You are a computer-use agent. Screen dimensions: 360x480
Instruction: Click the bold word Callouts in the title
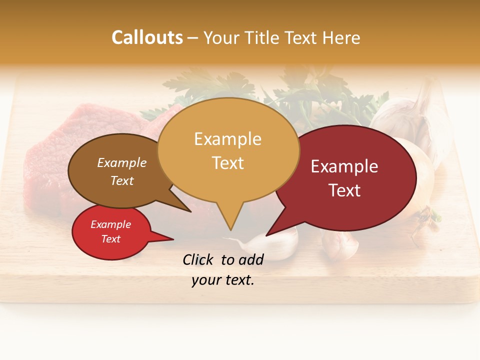147,37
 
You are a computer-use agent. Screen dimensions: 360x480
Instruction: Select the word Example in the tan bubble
227,139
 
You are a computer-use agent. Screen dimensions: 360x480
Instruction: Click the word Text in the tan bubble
227,163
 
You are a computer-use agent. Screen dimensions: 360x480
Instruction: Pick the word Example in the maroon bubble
344,166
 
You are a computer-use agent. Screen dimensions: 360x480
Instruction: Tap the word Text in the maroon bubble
344,190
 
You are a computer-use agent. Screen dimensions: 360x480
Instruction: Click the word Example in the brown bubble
122,163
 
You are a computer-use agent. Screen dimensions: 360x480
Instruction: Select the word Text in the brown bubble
122,180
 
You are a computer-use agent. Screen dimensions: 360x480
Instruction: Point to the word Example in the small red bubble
110,224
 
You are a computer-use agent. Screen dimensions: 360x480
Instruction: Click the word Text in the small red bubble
110,239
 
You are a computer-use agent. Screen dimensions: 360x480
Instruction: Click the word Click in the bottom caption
199,259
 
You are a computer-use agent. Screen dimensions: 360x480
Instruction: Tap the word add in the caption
251,259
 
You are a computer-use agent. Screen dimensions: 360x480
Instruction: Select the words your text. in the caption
222,280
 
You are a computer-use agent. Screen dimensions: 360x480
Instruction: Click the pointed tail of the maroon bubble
268,233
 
